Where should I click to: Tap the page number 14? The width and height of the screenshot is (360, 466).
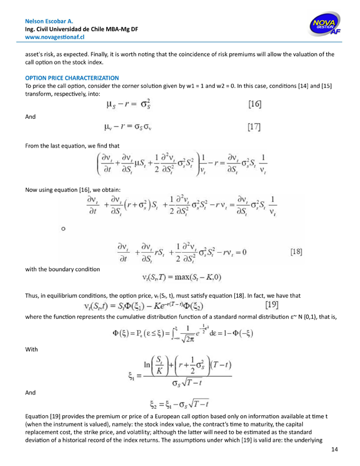[335, 450]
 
